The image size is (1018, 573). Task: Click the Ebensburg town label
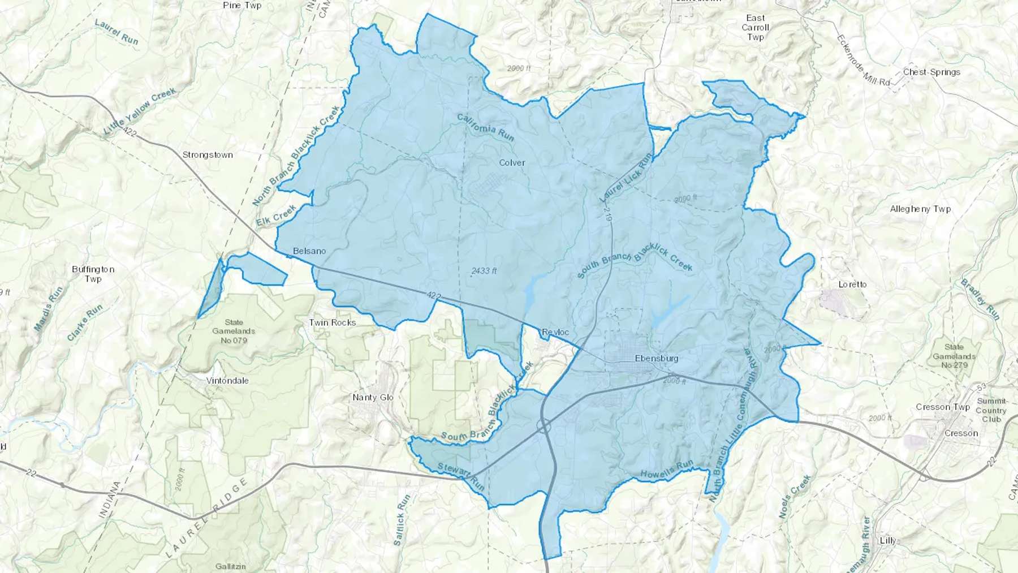coord(656,358)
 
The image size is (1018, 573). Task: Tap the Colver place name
coord(512,162)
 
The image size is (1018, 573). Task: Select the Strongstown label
coord(208,154)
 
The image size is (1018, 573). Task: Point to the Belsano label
coord(309,251)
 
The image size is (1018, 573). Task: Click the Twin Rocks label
coord(333,322)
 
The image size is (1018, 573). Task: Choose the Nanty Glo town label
coord(373,397)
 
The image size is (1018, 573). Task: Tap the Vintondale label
coord(227,381)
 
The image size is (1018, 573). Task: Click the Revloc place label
coord(555,332)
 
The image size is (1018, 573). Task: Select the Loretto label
coord(852,284)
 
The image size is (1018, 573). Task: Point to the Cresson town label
coord(961,433)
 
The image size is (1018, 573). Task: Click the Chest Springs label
coord(931,72)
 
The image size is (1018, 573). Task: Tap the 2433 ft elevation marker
coord(484,271)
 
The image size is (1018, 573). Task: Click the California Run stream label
coord(485,128)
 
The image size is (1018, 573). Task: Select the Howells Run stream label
coord(667,470)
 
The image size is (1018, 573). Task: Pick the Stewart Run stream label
coord(461,476)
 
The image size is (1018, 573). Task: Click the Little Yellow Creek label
coord(140,111)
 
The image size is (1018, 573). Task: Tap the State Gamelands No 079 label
coord(234,331)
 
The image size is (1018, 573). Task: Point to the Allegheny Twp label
coord(920,209)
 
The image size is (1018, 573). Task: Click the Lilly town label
coord(888,540)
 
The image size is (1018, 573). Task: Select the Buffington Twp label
coord(93,274)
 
